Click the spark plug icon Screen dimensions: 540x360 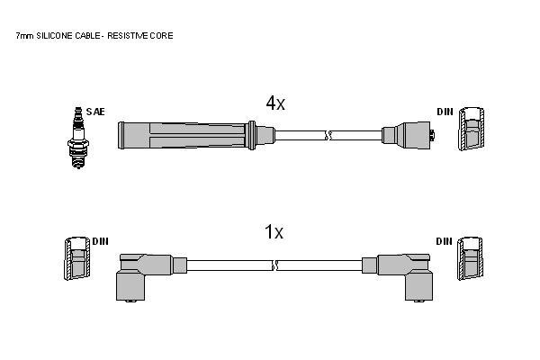[78, 138]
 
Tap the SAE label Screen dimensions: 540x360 [95, 112]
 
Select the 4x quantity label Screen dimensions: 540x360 [275, 103]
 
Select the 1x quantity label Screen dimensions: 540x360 [274, 231]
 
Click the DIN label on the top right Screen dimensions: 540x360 [445, 112]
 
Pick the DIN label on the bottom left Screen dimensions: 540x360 [100, 241]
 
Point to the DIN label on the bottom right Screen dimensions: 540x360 [445, 241]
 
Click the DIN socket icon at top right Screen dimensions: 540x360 [471, 129]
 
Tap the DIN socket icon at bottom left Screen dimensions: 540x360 [77, 258]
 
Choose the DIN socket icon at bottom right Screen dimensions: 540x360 [470, 258]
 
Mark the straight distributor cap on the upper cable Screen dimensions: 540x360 [408, 135]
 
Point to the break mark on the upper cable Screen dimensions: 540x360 [328, 135]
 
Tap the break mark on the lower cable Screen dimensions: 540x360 [274, 265]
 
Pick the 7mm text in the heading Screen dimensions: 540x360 [25, 36]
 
